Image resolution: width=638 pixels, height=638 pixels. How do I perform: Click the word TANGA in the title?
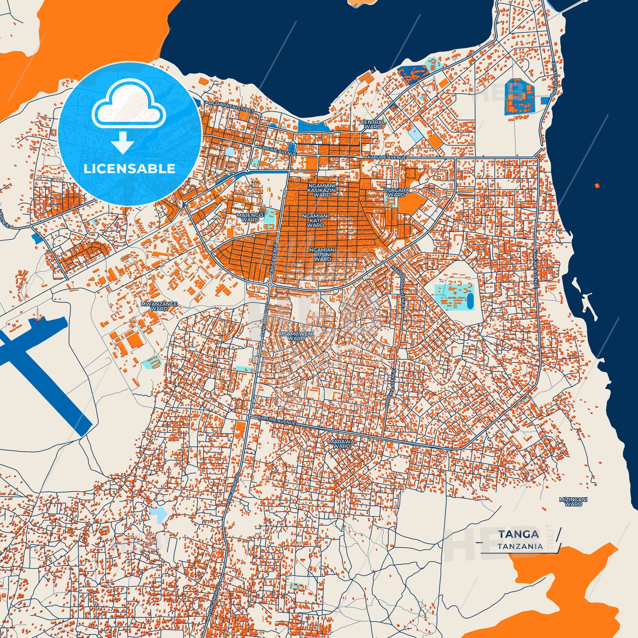click(518, 534)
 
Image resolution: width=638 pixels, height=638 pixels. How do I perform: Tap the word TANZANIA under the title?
click(520, 546)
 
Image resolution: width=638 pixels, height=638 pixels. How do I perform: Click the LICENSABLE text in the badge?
click(129, 168)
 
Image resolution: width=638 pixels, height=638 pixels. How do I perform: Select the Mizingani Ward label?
click(573, 502)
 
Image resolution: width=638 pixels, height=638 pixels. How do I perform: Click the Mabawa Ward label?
click(341, 443)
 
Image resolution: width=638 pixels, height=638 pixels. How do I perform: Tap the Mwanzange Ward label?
click(159, 306)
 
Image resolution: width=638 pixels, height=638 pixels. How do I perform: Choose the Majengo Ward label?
click(250, 217)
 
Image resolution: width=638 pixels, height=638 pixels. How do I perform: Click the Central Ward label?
click(373, 125)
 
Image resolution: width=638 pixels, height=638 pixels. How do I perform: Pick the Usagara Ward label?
click(396, 192)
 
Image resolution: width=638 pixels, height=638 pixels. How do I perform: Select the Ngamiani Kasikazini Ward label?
click(322, 190)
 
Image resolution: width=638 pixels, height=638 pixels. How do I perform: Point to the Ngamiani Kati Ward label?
click(315, 220)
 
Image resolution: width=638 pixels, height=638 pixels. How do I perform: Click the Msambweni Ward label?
click(296, 336)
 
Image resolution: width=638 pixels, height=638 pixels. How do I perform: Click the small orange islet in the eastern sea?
click(597, 185)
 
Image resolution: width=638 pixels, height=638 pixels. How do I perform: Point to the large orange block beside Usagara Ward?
click(412, 203)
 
